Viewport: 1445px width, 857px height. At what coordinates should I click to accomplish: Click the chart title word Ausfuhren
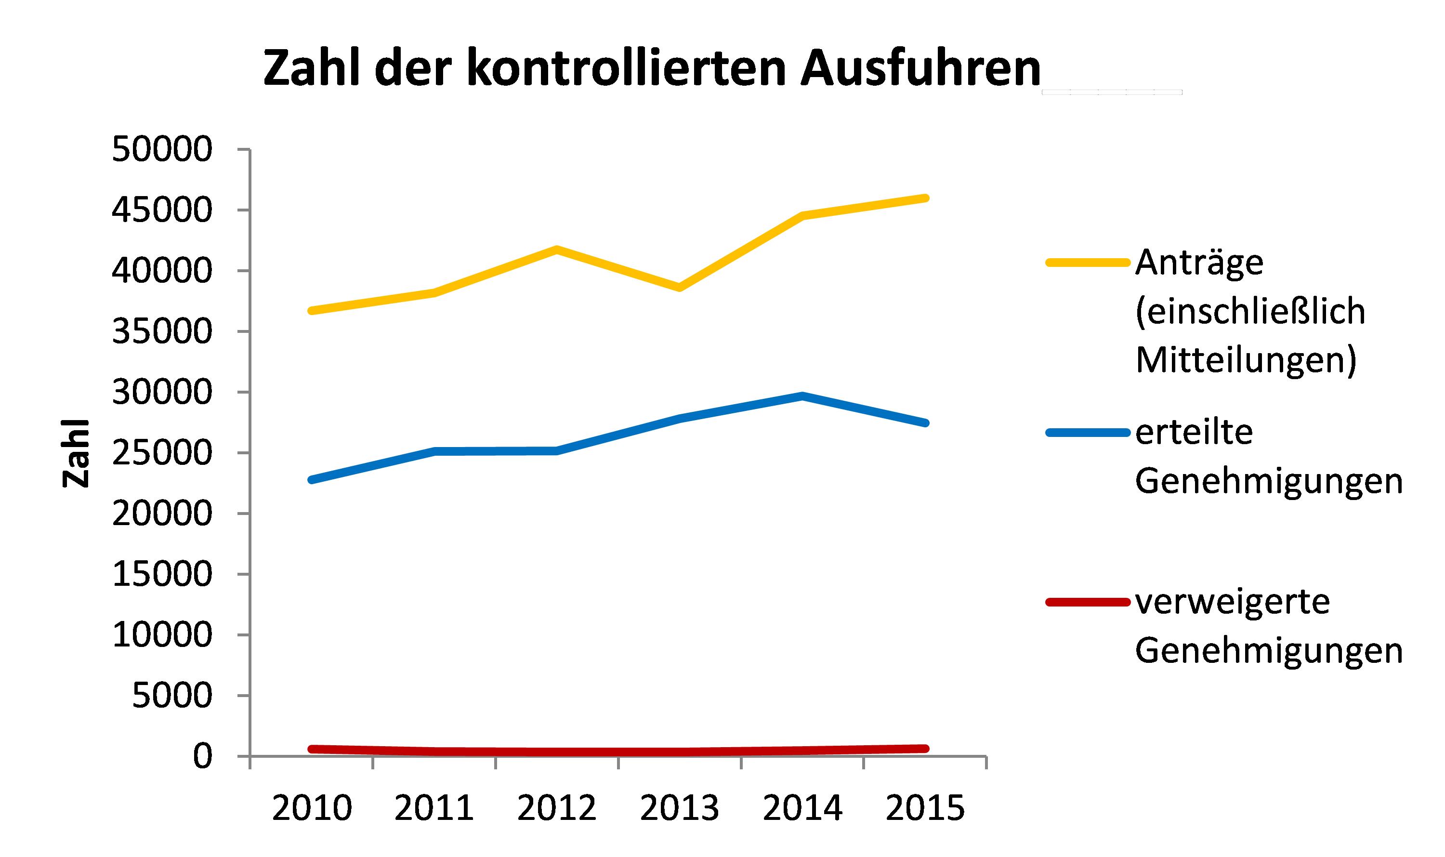click(x=921, y=68)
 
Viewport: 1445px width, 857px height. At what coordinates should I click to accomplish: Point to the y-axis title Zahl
click(x=76, y=453)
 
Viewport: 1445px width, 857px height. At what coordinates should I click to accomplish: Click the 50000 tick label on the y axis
click(x=162, y=149)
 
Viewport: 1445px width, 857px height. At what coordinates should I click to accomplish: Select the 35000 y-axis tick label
click(x=162, y=331)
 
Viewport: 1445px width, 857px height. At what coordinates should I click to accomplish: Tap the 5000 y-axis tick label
click(x=172, y=695)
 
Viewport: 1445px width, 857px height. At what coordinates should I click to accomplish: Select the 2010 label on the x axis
click(x=312, y=807)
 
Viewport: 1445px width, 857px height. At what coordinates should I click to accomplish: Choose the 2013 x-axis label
click(x=680, y=807)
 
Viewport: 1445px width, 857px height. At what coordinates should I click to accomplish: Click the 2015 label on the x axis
click(x=925, y=807)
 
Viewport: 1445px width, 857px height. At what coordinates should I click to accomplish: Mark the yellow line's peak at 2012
click(x=556, y=250)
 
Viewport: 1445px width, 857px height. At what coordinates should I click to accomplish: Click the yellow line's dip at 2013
click(x=680, y=287)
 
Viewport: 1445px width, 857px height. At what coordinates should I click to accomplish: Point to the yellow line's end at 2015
click(x=925, y=198)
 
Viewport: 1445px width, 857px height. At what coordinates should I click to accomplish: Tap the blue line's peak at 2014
click(x=802, y=396)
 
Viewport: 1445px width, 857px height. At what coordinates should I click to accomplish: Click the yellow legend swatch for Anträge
click(x=1088, y=263)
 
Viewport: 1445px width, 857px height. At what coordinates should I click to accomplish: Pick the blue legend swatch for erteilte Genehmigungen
click(x=1088, y=433)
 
